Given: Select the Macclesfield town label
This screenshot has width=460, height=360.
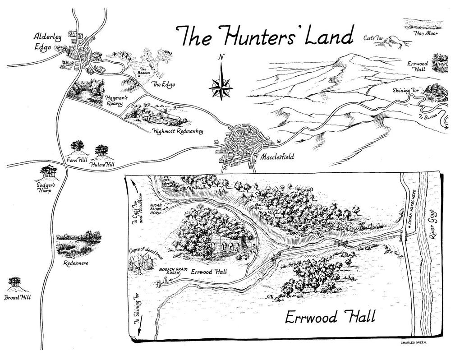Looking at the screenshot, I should point(276,157).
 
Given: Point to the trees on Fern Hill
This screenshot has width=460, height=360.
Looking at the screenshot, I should point(78,146).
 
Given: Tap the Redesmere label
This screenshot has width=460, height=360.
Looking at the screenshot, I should point(74,263).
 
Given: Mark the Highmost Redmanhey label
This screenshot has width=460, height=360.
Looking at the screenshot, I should point(178,131).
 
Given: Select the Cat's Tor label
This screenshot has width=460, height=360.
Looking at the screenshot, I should point(373,39).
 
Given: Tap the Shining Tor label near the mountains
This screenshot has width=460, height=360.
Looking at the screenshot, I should point(405,91).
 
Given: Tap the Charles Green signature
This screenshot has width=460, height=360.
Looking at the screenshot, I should point(414,342).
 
